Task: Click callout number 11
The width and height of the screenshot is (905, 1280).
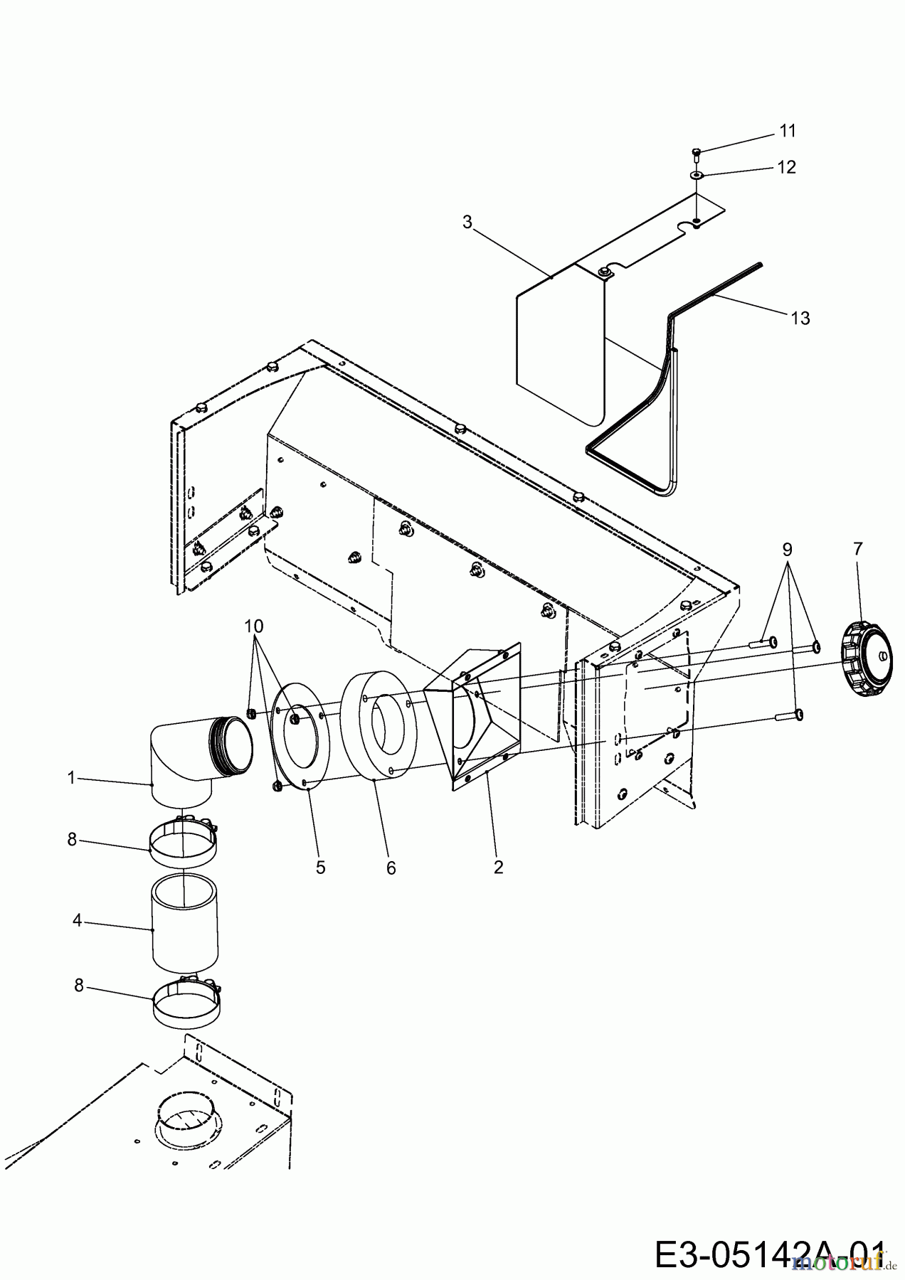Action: pos(787,131)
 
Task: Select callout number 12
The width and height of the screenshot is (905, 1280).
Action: pos(787,167)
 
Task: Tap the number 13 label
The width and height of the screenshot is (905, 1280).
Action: pos(800,318)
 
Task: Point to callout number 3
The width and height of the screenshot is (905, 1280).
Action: pos(467,223)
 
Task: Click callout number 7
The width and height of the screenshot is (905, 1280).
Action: pos(857,549)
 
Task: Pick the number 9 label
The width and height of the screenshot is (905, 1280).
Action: pos(787,549)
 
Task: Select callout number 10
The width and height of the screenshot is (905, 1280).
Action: pos(253,626)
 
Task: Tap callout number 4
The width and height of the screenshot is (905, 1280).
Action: pos(77,921)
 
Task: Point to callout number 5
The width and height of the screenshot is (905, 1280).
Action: pos(321,868)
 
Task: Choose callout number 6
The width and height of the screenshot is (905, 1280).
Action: pos(391,868)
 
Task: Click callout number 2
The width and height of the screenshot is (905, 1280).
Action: pos(498,867)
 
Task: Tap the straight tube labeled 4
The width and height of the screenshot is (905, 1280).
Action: pos(184,924)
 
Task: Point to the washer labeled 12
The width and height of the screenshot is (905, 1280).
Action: pos(697,174)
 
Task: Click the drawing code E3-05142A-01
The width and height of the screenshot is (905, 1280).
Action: pos(770,1250)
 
